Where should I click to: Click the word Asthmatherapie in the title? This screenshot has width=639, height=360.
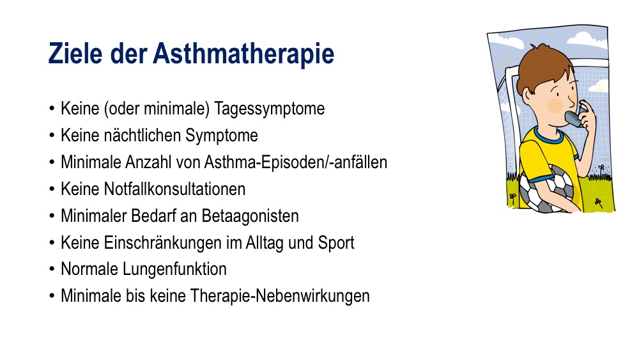pos(243,54)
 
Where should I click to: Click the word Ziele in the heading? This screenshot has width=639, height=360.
pos(75,53)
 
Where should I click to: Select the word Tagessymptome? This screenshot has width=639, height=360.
pos(270,109)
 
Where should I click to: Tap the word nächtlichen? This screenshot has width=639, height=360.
pos(142,136)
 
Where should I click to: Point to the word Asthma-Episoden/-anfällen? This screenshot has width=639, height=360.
pos(295,162)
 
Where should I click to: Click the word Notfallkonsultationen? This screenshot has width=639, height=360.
pos(174,189)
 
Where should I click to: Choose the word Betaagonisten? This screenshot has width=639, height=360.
pos(250,217)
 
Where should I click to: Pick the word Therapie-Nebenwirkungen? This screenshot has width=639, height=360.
pos(280,297)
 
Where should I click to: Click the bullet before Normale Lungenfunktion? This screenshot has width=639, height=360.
pos(52,269)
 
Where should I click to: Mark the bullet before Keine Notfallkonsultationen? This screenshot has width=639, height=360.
pos(52,189)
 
